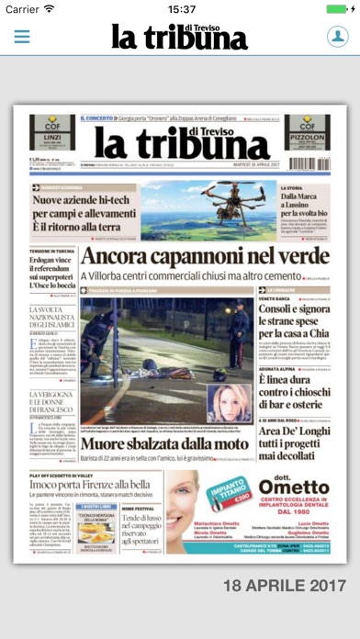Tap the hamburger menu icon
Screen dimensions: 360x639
click(22, 38)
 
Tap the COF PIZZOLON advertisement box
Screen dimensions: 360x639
click(306, 134)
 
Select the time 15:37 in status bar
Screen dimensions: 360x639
click(180, 8)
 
